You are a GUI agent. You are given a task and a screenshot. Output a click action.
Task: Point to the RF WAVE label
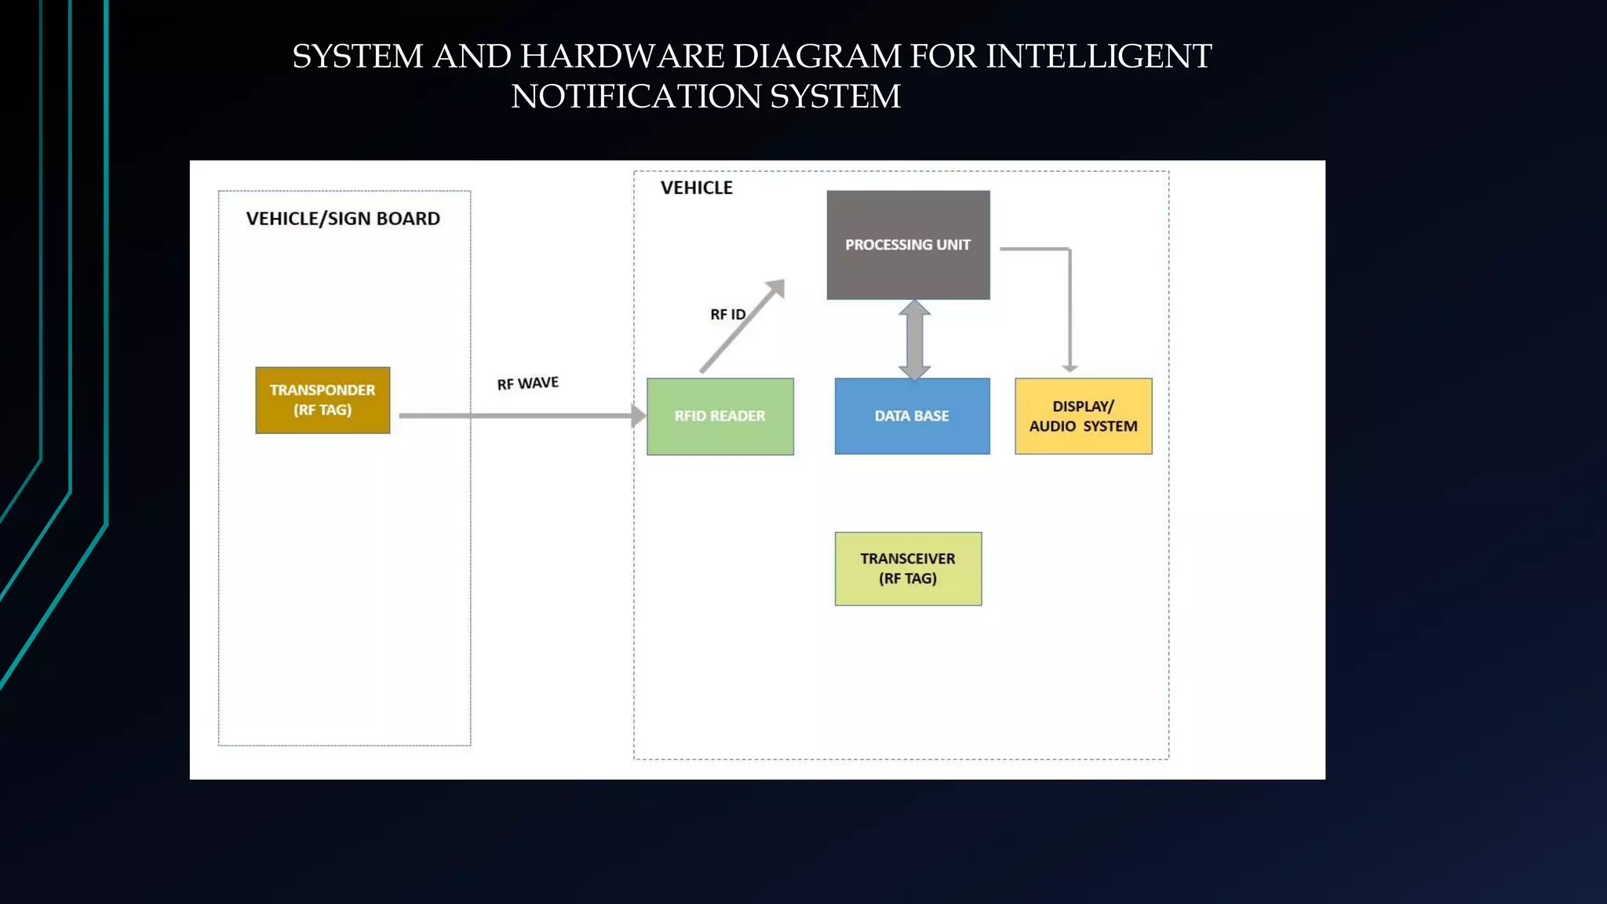coord(527,383)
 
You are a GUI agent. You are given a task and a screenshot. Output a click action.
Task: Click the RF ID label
coord(727,315)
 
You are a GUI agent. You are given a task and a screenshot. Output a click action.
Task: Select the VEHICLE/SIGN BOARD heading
coord(343,219)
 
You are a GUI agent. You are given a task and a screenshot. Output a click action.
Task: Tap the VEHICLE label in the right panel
coord(696,188)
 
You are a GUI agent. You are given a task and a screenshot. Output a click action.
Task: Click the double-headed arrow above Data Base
coord(914,340)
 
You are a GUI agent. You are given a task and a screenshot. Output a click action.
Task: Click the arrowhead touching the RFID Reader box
coord(639,416)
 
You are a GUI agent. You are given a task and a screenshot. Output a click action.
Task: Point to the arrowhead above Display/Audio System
coord(1070,367)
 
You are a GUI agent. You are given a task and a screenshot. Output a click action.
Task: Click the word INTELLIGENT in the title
coord(1099,56)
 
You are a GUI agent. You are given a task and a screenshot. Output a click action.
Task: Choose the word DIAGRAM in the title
coord(816,56)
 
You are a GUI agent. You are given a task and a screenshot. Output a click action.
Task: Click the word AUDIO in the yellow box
coord(1052,426)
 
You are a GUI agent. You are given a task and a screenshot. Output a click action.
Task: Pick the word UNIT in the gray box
coord(953,245)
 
